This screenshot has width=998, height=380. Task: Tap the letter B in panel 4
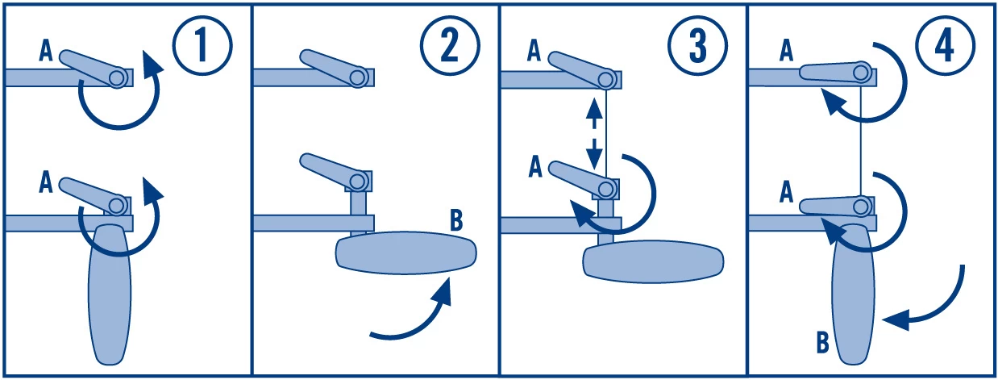click(822, 342)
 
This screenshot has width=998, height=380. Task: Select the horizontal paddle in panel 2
click(405, 253)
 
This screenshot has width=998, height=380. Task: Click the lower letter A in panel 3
click(533, 168)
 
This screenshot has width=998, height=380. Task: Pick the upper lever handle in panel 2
click(331, 66)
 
